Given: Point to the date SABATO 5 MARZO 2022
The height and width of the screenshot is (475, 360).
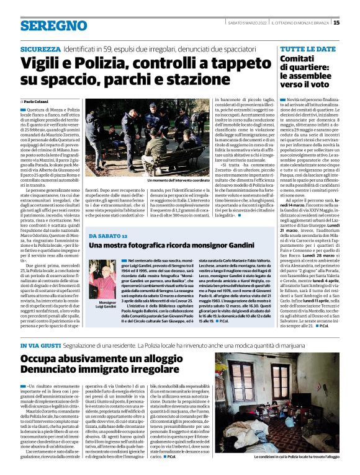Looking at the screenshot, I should (244, 23).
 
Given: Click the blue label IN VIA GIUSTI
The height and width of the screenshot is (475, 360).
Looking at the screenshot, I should (40, 345).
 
